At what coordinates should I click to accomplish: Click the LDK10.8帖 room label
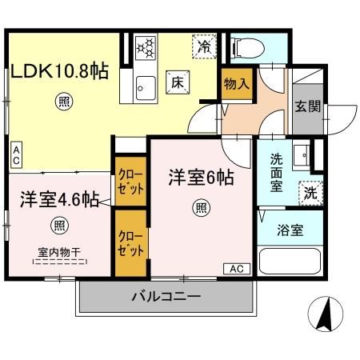click(x=60, y=70)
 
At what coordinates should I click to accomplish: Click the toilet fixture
click(x=246, y=48)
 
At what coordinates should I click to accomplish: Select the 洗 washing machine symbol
click(x=309, y=192)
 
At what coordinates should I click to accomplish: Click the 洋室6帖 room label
click(x=201, y=178)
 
